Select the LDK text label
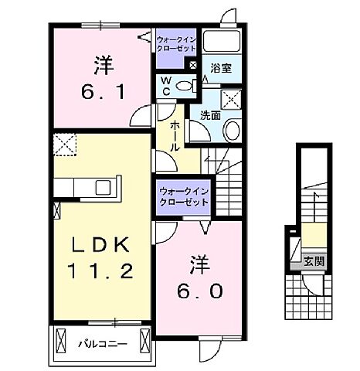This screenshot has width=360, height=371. click(x=99, y=247)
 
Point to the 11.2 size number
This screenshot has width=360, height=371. click(x=99, y=273)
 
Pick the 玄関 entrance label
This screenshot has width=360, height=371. click(x=313, y=261)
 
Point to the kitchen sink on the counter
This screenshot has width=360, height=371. click(x=103, y=188)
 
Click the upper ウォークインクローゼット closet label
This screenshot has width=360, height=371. click(x=177, y=43)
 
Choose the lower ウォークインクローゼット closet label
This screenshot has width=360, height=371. click(x=184, y=196)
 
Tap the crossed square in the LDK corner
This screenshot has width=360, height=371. click(x=64, y=145)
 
